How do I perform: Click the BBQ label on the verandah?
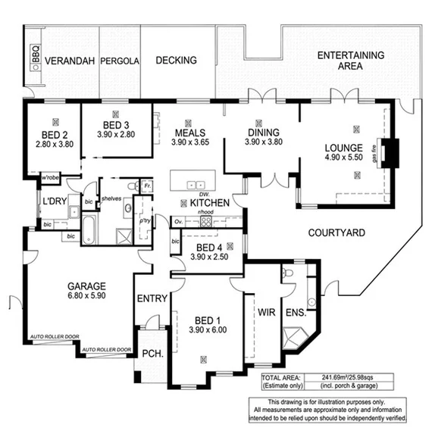[x=34, y=56]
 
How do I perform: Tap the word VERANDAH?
[x=70, y=61]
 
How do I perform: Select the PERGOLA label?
[x=121, y=61]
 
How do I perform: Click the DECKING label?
[x=176, y=60]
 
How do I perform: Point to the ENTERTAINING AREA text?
[x=350, y=61]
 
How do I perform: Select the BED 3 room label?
[x=115, y=125]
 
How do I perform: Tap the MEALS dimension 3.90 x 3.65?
[x=189, y=142]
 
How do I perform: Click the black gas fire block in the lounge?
[x=389, y=154]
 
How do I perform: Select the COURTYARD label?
[x=328, y=232]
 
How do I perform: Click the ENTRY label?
[x=152, y=298]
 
